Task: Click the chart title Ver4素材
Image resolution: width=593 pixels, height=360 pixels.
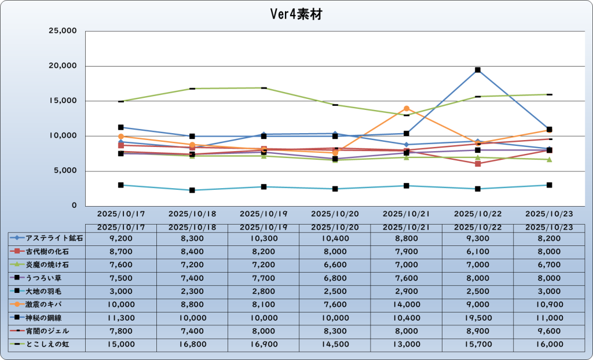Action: click(296, 14)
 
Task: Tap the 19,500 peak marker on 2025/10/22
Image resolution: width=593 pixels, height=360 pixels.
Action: click(478, 70)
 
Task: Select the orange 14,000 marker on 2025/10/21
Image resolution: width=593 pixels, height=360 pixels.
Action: click(407, 108)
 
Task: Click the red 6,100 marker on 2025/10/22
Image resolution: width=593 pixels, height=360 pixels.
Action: click(478, 164)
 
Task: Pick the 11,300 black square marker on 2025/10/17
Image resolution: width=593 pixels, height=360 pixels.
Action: click(120, 127)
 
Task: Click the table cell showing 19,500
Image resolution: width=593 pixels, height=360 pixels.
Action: click(478, 317)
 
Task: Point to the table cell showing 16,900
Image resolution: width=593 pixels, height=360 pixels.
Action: click(263, 344)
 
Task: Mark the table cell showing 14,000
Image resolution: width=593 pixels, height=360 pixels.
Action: click(407, 304)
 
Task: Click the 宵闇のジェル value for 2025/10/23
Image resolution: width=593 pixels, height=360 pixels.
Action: click(549, 330)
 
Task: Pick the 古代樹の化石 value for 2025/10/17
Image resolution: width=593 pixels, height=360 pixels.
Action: click(120, 251)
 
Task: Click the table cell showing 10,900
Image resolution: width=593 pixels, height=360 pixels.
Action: click(549, 304)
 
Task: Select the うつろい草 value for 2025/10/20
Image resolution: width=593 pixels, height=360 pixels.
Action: click(335, 277)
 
